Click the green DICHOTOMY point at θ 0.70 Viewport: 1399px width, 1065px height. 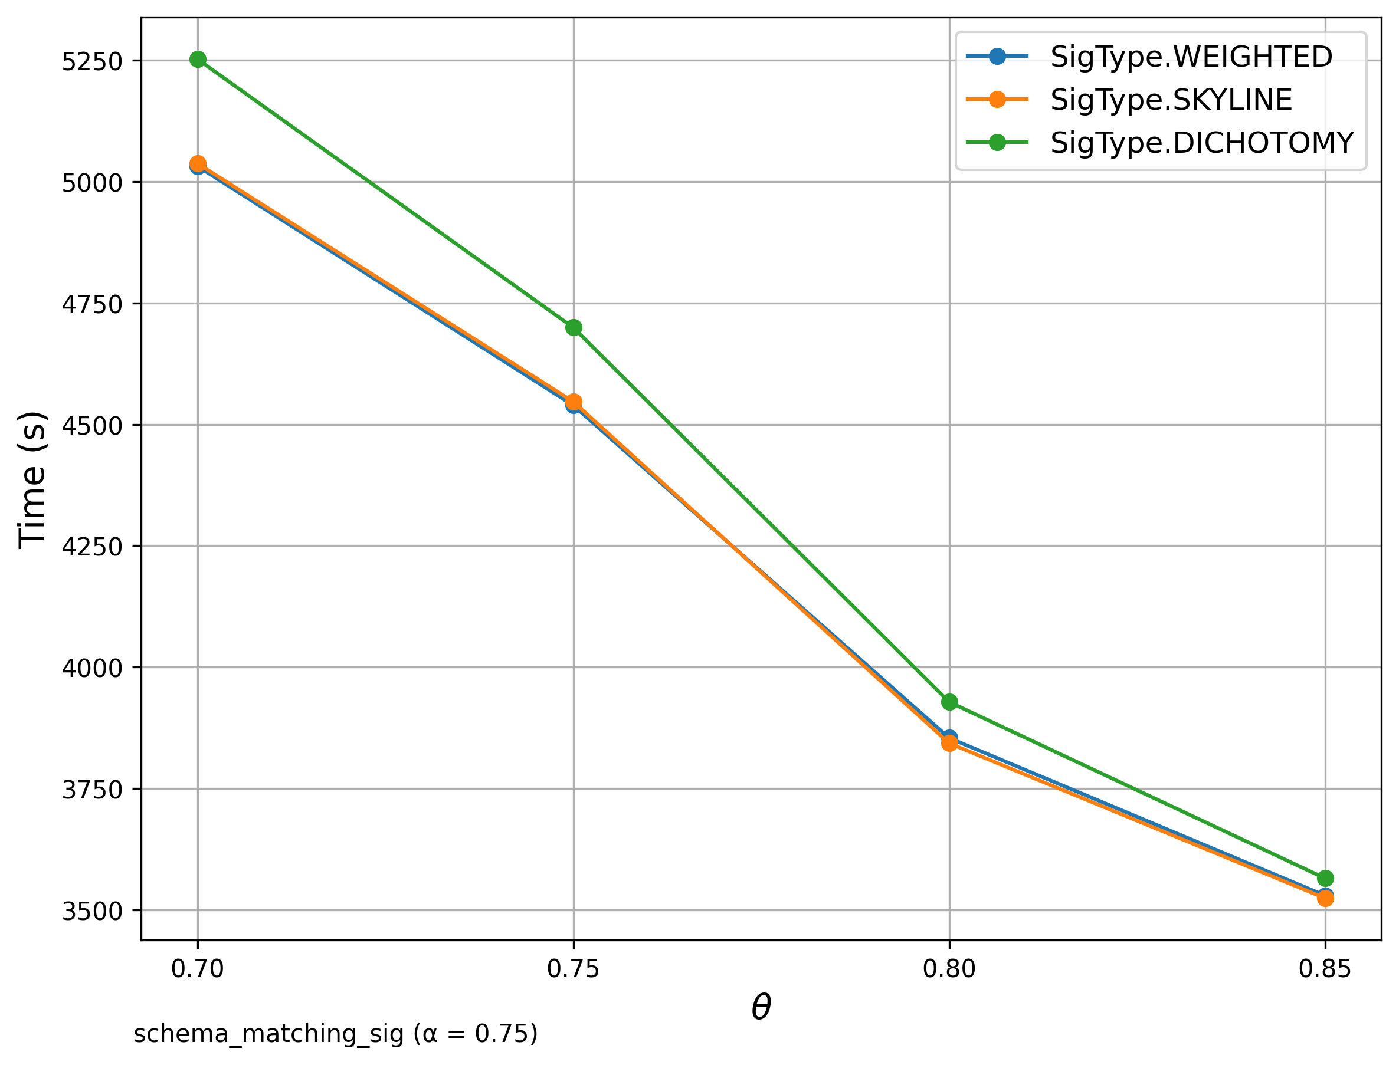click(x=198, y=59)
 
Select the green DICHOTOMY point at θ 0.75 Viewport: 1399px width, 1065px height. click(x=574, y=328)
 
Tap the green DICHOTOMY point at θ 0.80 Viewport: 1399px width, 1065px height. click(x=949, y=702)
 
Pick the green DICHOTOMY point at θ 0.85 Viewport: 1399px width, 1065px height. click(x=1325, y=878)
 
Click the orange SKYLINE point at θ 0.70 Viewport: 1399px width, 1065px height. click(x=198, y=163)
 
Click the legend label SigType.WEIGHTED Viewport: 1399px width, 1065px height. click(x=1191, y=57)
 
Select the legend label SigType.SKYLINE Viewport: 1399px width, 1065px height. click(x=1171, y=100)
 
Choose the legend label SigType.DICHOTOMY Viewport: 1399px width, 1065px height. click(x=1202, y=143)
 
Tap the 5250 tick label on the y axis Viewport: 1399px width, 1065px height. click(x=91, y=61)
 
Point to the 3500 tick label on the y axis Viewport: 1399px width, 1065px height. click(x=91, y=911)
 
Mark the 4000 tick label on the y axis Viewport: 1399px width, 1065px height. click(x=91, y=668)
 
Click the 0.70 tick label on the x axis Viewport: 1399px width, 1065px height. click(x=198, y=969)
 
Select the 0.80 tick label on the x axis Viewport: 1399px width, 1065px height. click(x=949, y=969)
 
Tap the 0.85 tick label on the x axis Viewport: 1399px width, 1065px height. click(x=1325, y=969)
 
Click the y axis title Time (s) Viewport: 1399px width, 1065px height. click(x=32, y=479)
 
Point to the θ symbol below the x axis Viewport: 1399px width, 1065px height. click(x=761, y=1007)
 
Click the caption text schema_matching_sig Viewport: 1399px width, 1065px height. click(x=268, y=1034)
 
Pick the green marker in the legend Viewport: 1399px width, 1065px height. click(x=997, y=143)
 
